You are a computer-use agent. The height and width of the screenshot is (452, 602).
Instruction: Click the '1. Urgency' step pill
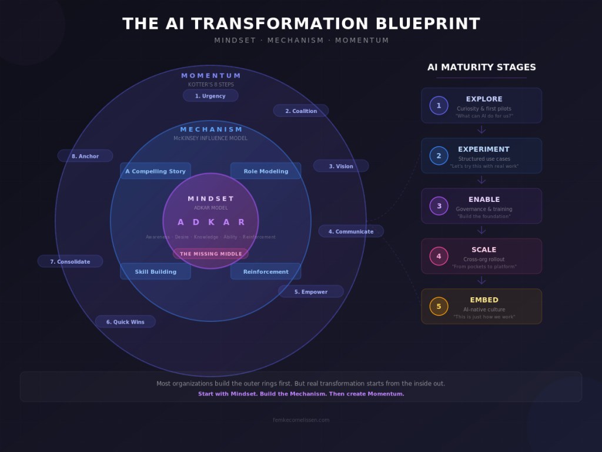pyautogui.click(x=210, y=96)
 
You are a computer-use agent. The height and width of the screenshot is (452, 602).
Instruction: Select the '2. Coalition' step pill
pyautogui.click(x=301, y=111)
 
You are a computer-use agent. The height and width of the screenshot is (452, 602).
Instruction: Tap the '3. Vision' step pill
pyautogui.click(x=341, y=166)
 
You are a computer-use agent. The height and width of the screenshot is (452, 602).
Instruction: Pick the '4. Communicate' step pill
pyautogui.click(x=351, y=231)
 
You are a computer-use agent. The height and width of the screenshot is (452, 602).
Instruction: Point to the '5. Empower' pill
pyautogui.click(x=311, y=291)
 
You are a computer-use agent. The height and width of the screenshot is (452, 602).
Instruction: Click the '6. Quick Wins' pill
pyautogui.click(x=125, y=321)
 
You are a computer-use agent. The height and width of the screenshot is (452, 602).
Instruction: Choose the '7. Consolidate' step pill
pyautogui.click(x=70, y=261)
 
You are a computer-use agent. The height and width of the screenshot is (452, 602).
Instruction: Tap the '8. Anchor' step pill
pyautogui.click(x=85, y=156)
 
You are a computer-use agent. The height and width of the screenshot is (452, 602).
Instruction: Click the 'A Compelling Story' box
pyautogui.click(x=155, y=171)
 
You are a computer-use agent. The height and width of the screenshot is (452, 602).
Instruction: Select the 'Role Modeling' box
pyautogui.click(x=266, y=171)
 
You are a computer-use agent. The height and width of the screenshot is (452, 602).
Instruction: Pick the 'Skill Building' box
pyautogui.click(x=155, y=271)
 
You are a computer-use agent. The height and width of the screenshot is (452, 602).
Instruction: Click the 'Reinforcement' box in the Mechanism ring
pyautogui.click(x=266, y=271)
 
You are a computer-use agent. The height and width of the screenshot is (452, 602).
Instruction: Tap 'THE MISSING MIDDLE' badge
pyautogui.click(x=210, y=254)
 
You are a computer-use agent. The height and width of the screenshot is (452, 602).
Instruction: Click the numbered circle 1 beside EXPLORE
pyautogui.click(x=439, y=105)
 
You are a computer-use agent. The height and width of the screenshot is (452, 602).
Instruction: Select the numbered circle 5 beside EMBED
pyautogui.click(x=439, y=306)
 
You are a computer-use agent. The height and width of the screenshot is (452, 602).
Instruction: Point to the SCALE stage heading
pyautogui.click(x=484, y=250)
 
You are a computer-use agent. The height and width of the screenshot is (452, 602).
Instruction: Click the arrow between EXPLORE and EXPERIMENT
pyautogui.click(x=481, y=130)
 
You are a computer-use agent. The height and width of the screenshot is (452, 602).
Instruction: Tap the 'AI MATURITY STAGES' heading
pyautogui.click(x=481, y=67)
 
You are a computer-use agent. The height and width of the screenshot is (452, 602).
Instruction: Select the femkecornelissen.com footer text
pyautogui.click(x=301, y=420)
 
